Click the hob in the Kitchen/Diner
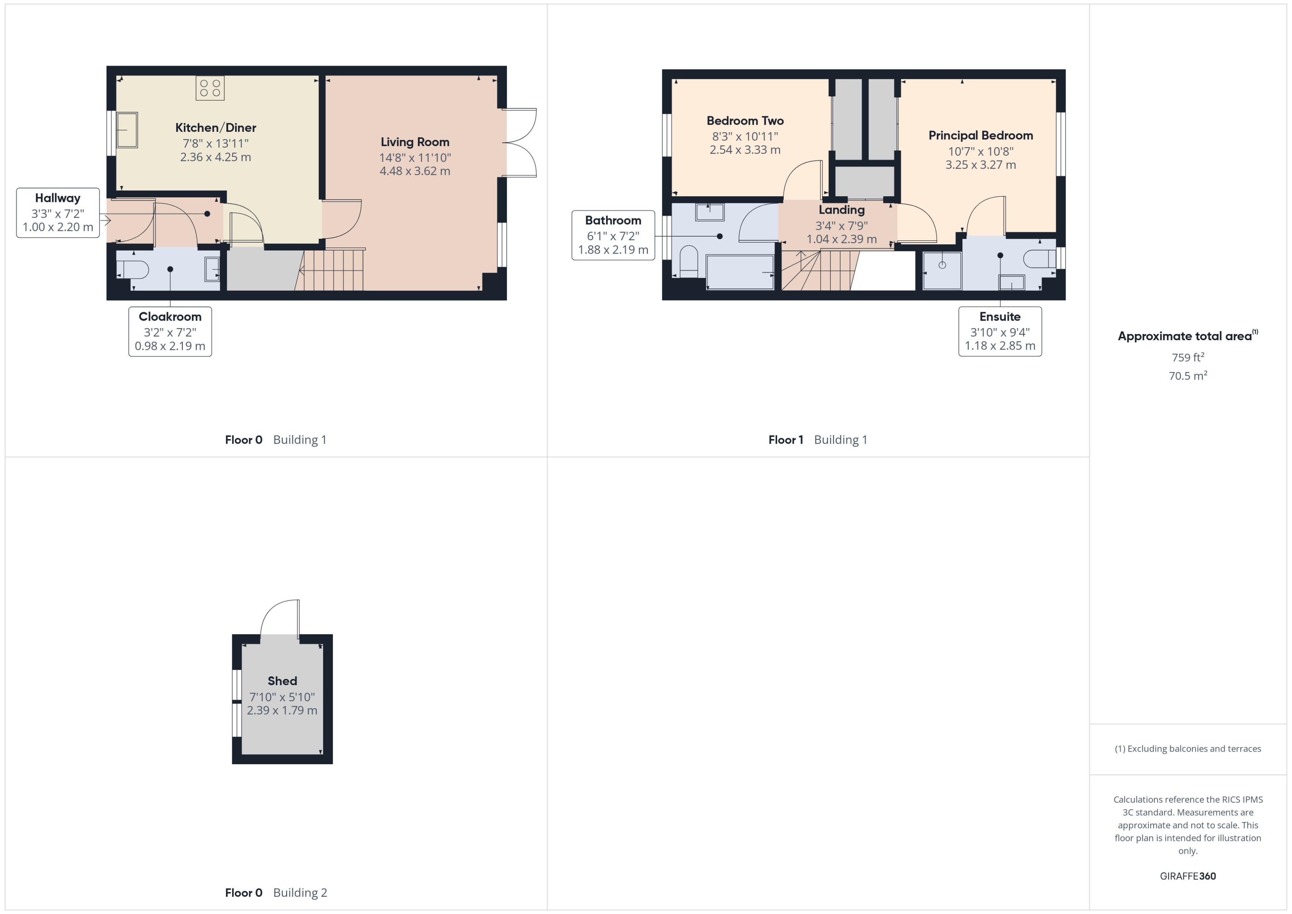(x=210, y=88)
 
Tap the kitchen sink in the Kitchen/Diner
(x=127, y=130)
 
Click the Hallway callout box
(x=58, y=213)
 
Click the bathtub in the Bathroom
(x=740, y=272)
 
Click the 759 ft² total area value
(x=1187, y=358)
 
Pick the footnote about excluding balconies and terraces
(x=1187, y=749)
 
